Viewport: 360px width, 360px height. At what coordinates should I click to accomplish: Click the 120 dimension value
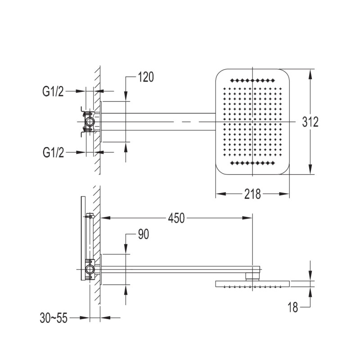146,77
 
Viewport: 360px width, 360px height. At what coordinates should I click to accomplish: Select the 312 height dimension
310,121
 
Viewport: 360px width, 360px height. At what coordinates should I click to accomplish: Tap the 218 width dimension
253,194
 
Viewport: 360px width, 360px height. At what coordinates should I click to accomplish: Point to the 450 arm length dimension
176,218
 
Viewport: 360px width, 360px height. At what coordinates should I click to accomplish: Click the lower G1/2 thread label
53,153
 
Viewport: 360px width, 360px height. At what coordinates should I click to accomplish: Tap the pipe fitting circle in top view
90,121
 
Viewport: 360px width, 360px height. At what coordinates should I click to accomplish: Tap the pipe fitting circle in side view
90,270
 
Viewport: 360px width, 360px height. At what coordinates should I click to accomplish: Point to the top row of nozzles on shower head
252,81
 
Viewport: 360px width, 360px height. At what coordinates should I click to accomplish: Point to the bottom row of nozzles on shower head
252,162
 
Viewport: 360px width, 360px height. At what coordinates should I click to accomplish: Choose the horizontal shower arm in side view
175,269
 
